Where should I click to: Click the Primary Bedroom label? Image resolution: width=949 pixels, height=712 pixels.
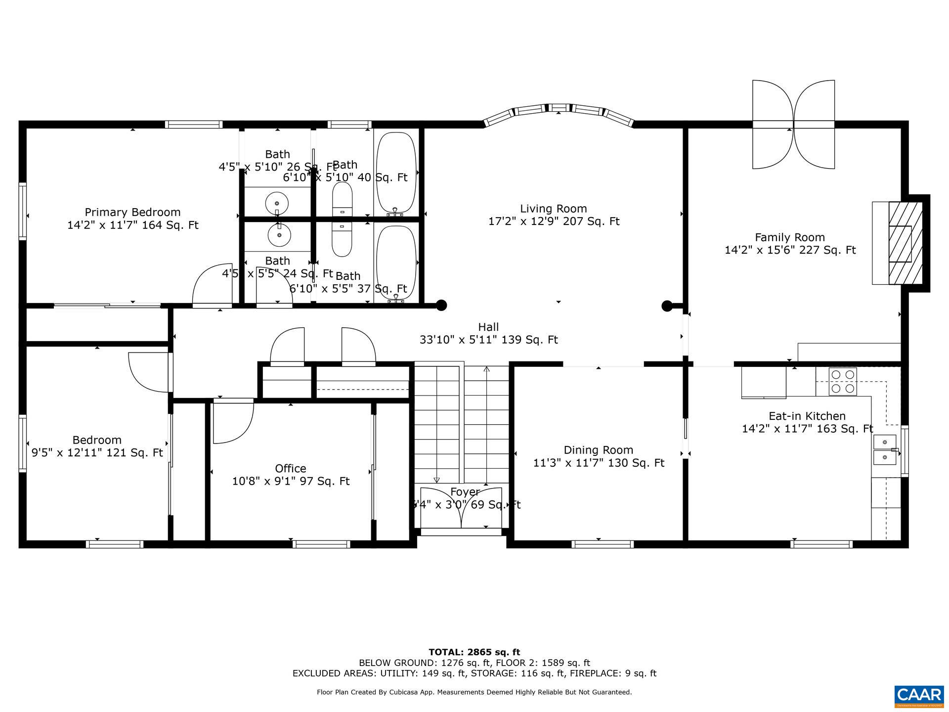(x=132, y=213)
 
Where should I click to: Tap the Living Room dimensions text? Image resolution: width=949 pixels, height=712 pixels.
(x=554, y=222)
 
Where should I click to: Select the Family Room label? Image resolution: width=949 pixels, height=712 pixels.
(x=790, y=237)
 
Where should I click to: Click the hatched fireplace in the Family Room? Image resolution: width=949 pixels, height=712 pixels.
(x=906, y=243)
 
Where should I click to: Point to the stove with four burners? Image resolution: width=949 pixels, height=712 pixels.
(x=843, y=382)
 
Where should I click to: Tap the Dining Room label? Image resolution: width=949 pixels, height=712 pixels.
(x=598, y=450)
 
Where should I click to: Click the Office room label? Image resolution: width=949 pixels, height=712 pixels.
(x=291, y=468)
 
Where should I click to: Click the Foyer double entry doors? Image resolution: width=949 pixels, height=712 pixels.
(x=461, y=509)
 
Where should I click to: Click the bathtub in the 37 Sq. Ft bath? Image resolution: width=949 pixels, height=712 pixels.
(x=396, y=262)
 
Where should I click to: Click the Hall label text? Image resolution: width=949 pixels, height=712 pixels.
(x=488, y=327)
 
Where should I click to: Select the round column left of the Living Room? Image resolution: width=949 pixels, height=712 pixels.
(x=441, y=306)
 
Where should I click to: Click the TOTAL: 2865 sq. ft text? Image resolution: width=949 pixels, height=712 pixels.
(x=474, y=652)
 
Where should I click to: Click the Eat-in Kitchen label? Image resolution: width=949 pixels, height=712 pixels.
(x=807, y=416)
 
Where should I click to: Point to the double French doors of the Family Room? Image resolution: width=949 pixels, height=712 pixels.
(x=793, y=125)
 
